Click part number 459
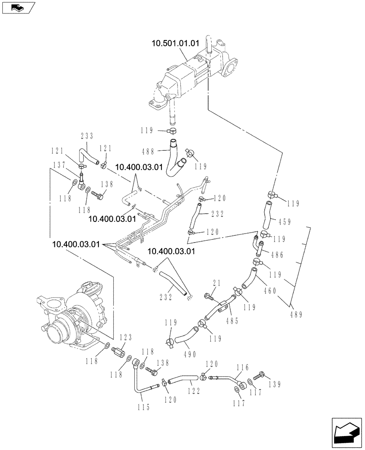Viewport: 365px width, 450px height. point(285,221)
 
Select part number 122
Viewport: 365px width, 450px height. point(194,391)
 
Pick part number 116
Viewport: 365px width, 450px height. point(242,368)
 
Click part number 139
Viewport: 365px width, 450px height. point(275,384)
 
